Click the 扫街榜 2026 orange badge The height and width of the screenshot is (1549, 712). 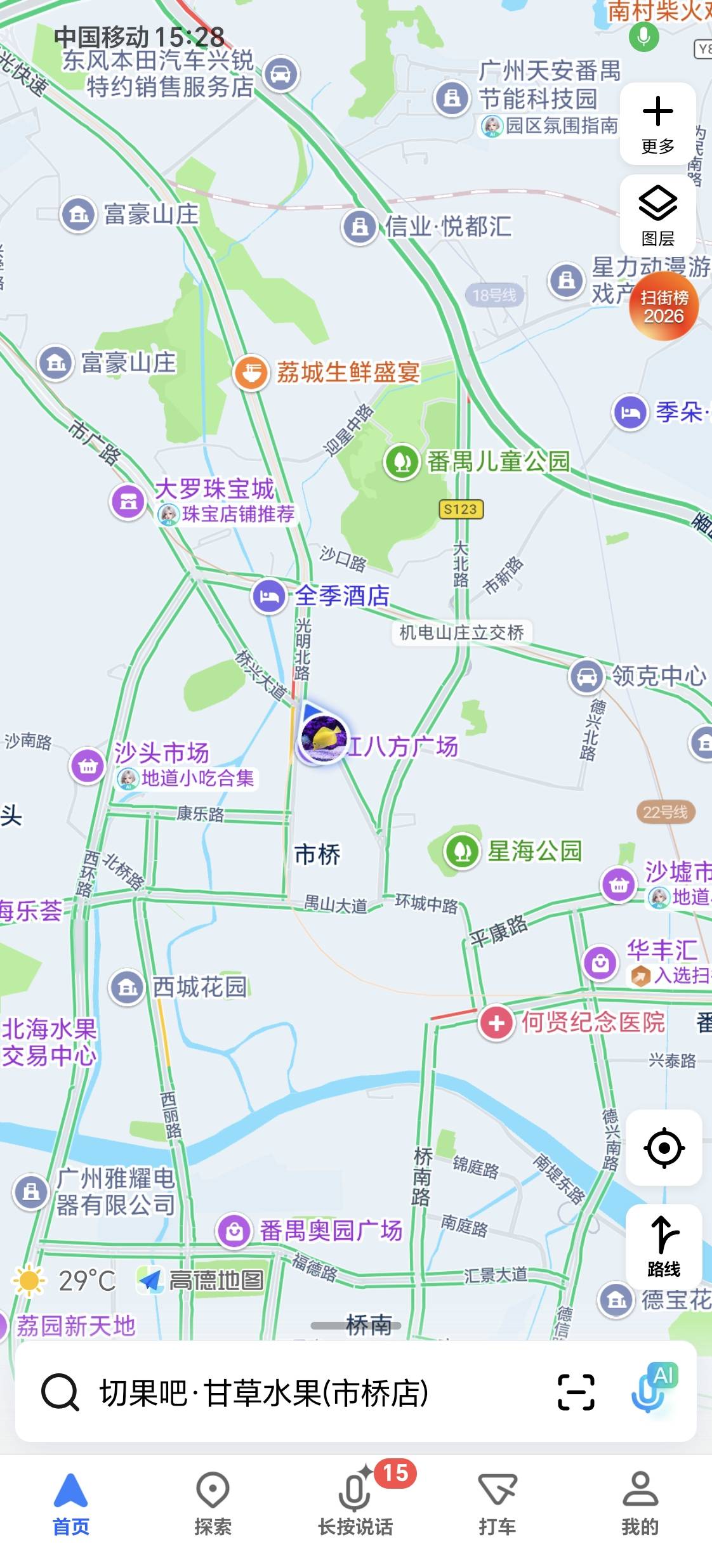click(x=664, y=306)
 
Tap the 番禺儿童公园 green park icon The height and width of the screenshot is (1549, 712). click(x=401, y=461)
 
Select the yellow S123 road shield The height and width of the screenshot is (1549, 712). click(x=461, y=509)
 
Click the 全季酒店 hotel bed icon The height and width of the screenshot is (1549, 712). click(x=269, y=596)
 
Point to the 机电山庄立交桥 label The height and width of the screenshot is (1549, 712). click(x=461, y=632)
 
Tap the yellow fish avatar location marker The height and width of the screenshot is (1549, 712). click(x=324, y=738)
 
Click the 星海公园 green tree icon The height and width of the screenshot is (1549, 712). click(x=461, y=851)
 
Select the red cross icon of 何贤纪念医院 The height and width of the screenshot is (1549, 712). click(x=496, y=1023)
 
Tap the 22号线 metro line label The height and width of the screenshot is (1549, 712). click(x=665, y=812)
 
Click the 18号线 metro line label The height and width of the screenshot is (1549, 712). click(x=494, y=295)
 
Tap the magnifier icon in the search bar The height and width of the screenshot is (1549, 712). click(x=60, y=1393)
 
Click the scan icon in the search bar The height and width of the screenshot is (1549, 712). click(x=576, y=1393)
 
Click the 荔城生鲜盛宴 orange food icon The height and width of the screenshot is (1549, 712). click(x=251, y=372)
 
